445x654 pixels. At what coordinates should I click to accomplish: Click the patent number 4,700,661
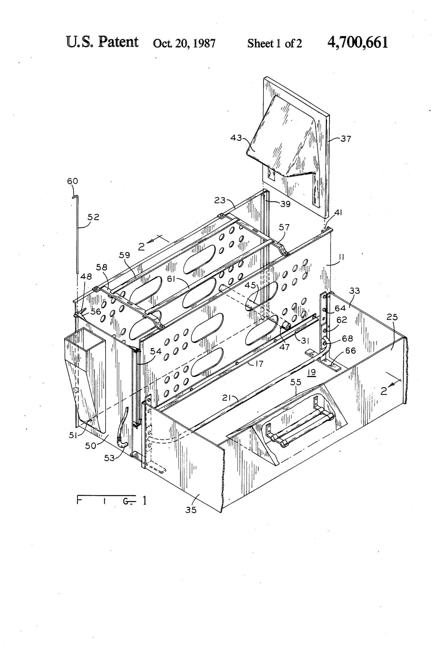(x=358, y=42)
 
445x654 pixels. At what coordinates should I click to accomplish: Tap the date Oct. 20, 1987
(x=184, y=43)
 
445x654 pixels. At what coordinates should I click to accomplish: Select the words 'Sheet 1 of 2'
(x=275, y=43)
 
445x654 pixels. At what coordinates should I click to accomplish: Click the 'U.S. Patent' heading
(x=102, y=42)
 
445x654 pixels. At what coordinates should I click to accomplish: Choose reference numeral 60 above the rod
(x=72, y=181)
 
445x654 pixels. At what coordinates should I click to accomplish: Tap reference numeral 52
(x=94, y=217)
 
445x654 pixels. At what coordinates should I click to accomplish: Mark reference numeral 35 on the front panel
(x=191, y=510)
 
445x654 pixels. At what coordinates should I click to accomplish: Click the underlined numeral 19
(x=312, y=372)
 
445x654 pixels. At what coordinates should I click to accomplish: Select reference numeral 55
(x=296, y=382)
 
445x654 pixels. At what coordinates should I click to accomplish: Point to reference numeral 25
(x=392, y=317)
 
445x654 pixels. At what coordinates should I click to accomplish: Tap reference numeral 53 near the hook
(x=109, y=458)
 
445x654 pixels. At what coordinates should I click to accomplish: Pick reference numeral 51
(x=73, y=435)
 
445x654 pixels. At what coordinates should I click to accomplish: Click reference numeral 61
(x=171, y=279)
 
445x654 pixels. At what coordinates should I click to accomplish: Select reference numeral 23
(x=220, y=200)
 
